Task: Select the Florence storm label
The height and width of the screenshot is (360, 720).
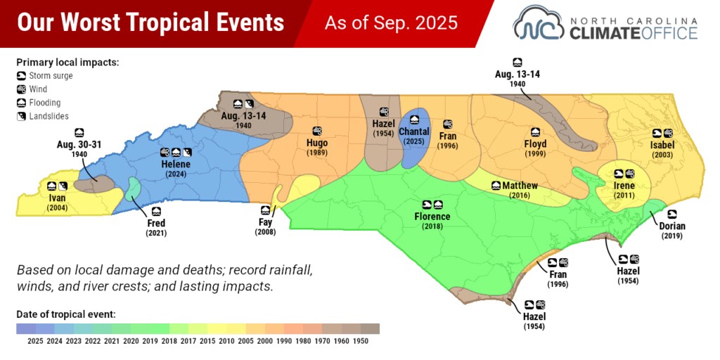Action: pos(432,217)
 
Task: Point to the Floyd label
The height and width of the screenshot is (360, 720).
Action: pos(534,144)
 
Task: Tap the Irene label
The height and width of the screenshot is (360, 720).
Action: pos(624,186)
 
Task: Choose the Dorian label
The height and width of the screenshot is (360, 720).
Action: pos(672,226)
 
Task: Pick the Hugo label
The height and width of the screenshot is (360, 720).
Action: pos(317,143)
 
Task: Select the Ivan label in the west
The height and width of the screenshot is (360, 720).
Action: pos(57,199)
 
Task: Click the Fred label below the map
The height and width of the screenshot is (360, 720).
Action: pos(156,224)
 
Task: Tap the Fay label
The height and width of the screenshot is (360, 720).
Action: pos(265,223)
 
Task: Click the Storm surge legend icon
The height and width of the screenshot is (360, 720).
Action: pos(21,76)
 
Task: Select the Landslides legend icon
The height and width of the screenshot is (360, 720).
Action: pos(21,116)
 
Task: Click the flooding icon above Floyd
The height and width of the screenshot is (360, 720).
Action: pos(535,131)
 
